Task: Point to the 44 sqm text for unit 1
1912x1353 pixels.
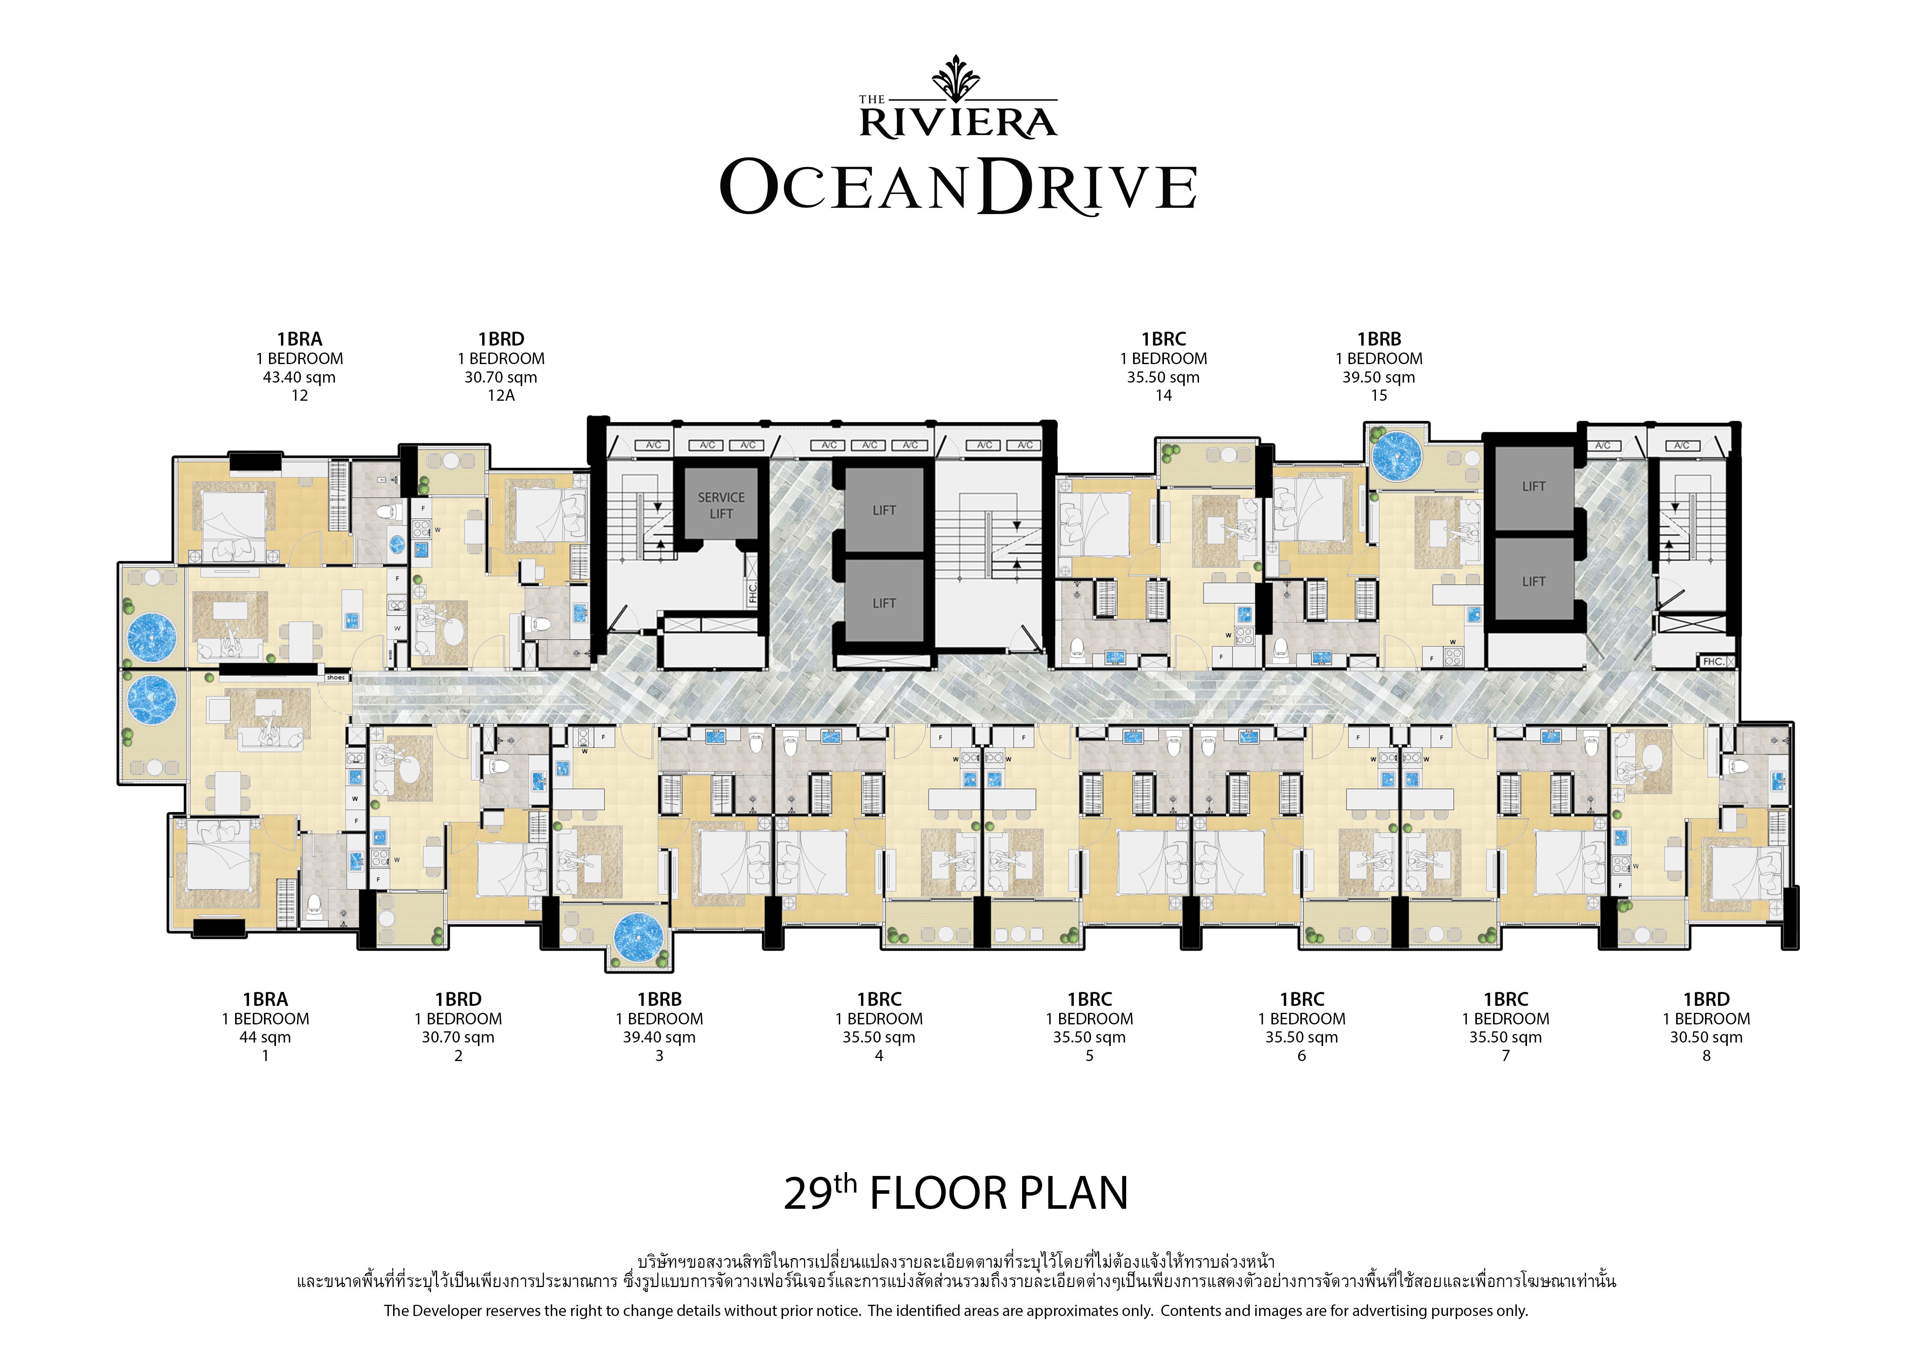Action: click(265, 1037)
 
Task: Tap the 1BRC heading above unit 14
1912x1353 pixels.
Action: click(1164, 339)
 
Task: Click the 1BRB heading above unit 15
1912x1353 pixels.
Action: click(1379, 339)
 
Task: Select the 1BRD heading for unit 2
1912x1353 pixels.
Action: click(458, 999)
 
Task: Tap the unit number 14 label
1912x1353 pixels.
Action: click(1164, 396)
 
